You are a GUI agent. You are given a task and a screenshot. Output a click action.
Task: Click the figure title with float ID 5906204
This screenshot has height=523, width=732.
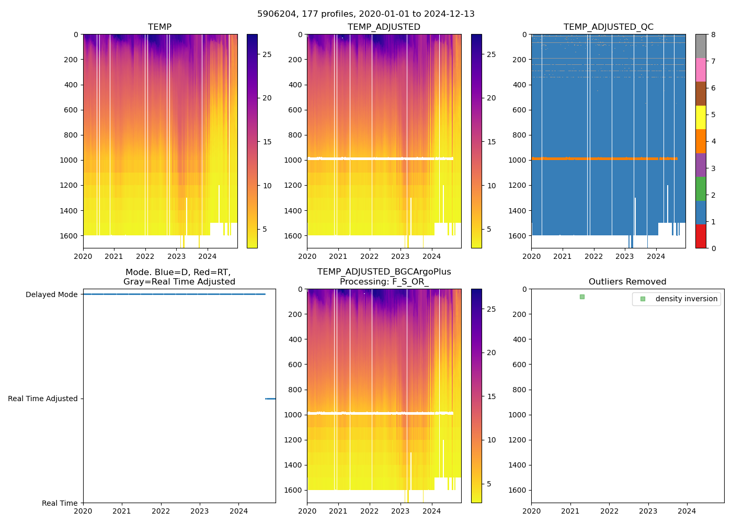tap(366, 14)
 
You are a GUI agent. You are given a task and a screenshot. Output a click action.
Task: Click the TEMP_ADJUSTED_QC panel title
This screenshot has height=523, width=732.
tap(608, 27)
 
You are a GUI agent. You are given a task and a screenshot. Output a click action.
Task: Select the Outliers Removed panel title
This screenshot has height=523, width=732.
tap(627, 282)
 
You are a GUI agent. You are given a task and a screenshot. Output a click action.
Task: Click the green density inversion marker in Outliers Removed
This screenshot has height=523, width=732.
tap(582, 297)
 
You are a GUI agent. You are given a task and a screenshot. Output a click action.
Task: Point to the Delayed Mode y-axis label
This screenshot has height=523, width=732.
tap(51, 294)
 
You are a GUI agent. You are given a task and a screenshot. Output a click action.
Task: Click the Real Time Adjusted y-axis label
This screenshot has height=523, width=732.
tap(42, 399)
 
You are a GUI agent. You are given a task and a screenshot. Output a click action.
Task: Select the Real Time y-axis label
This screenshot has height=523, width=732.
tap(60, 503)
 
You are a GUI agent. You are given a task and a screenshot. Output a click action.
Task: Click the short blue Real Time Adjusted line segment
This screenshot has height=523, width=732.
tap(270, 399)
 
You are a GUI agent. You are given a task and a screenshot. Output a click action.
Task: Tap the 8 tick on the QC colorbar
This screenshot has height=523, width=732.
tap(713, 35)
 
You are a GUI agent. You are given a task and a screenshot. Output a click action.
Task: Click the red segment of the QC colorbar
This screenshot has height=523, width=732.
tap(701, 236)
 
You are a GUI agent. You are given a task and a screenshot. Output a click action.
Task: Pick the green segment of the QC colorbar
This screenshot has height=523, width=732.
tap(701, 189)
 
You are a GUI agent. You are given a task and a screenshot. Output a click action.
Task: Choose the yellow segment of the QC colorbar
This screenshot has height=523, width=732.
tap(701, 118)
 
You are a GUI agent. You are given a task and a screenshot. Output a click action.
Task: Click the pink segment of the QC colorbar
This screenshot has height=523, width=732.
tap(701, 70)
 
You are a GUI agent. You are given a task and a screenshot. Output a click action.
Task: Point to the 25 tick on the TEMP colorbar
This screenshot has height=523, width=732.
tap(267, 54)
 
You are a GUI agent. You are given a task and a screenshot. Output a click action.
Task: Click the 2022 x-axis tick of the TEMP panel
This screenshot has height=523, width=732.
tap(145, 256)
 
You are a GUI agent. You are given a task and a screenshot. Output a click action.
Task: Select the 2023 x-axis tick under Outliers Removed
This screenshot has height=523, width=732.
tap(648, 511)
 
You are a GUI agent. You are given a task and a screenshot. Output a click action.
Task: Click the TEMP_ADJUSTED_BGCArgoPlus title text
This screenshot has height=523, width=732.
tap(384, 272)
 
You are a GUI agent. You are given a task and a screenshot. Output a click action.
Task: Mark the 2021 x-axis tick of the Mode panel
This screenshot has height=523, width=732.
tap(122, 511)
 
